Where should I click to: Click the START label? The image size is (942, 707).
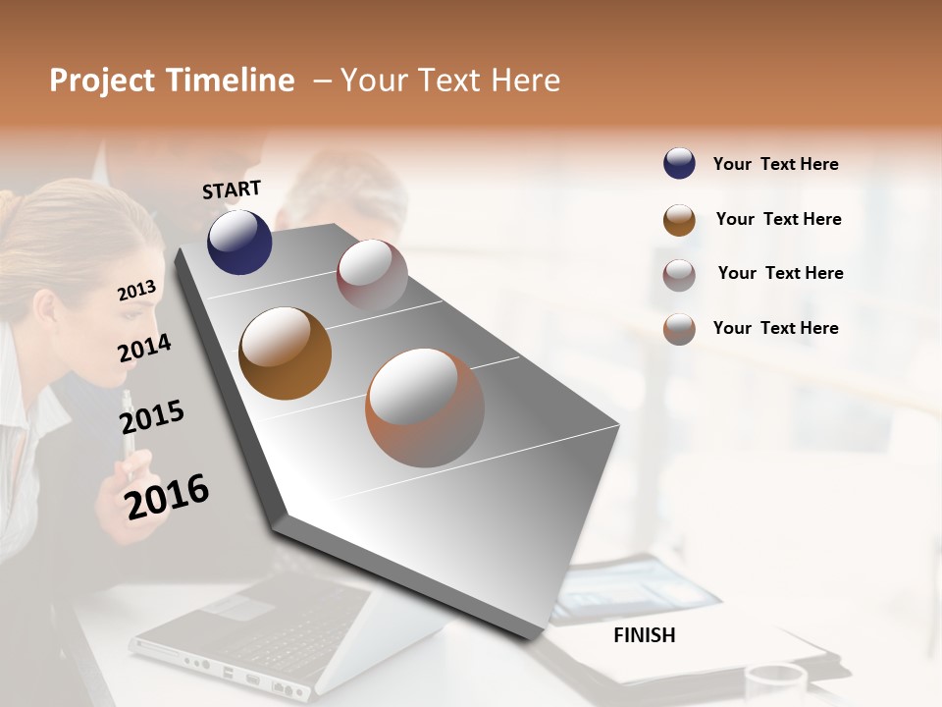(232, 190)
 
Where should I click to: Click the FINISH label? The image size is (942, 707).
(645, 635)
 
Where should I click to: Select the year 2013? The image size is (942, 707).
(136, 291)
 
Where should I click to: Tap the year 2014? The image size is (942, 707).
(144, 348)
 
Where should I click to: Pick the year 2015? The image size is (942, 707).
(151, 417)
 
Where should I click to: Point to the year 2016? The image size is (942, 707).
(167, 496)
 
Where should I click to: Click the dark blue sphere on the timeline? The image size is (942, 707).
(239, 242)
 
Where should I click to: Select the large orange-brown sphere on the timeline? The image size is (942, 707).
(286, 353)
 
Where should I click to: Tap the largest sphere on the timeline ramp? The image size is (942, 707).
(425, 408)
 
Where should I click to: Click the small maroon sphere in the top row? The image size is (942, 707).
(372, 275)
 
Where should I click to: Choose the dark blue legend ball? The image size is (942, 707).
(679, 163)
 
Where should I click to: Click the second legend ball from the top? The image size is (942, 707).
(679, 220)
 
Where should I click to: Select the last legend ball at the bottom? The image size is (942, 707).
(679, 329)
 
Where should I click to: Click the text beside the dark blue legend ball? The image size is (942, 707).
(775, 164)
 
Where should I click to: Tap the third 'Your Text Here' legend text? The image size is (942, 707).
(780, 273)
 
